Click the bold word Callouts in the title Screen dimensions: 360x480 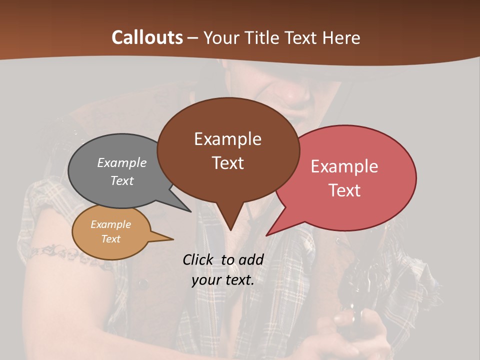point(147,37)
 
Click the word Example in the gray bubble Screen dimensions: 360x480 point(122,162)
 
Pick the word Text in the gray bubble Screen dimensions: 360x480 point(122,180)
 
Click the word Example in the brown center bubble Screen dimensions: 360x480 point(227,139)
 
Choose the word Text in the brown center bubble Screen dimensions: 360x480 point(227,163)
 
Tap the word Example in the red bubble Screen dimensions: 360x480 point(344,166)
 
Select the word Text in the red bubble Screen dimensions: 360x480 point(344,190)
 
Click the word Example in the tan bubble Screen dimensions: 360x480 point(110,224)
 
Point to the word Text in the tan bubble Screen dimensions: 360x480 point(110,239)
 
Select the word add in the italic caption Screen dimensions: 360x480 point(250,259)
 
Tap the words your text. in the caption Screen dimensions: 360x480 point(223,280)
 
